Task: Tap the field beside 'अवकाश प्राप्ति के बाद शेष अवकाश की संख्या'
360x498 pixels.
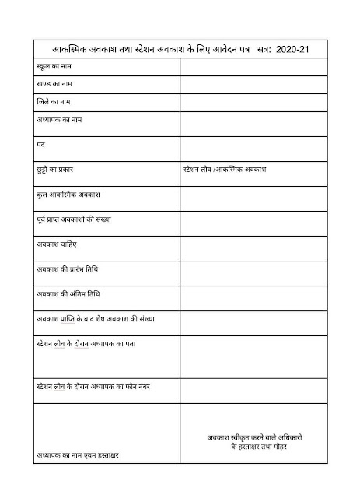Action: tap(249, 321)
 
